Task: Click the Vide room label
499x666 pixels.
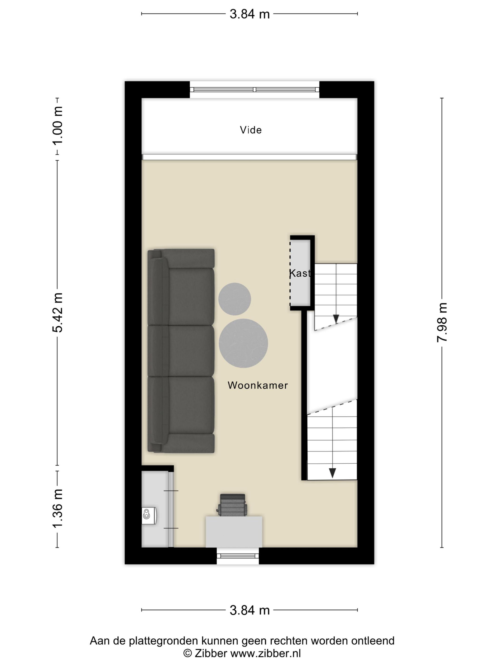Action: (x=250, y=130)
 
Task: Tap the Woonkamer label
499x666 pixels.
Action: (x=258, y=385)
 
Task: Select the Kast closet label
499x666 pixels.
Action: (x=300, y=273)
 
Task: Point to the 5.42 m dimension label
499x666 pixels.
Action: (x=58, y=313)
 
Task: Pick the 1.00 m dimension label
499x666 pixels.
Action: (x=58, y=126)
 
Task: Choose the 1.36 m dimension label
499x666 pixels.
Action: (x=58, y=508)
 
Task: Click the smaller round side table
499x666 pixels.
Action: (x=234, y=299)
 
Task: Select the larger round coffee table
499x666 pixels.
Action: (x=243, y=343)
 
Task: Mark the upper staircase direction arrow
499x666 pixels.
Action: (x=336, y=318)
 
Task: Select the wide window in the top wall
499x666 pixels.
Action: (x=254, y=89)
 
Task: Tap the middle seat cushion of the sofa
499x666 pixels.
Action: (x=191, y=351)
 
